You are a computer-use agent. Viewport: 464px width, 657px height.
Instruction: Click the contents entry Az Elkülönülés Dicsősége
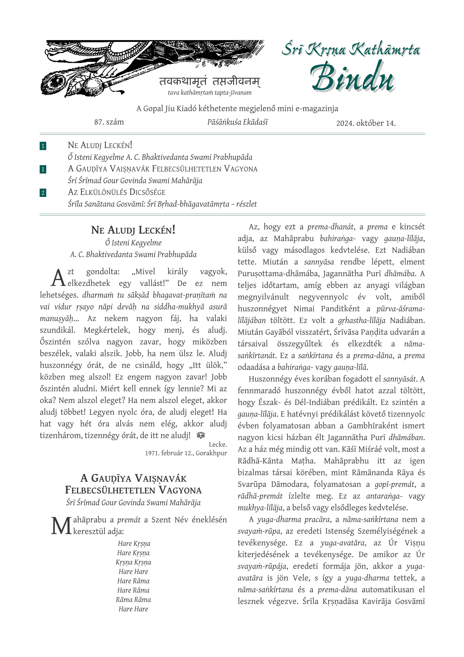click(x=117, y=192)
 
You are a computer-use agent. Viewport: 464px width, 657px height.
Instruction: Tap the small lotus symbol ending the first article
click(x=201, y=435)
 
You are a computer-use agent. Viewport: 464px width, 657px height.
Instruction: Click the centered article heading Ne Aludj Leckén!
click(x=133, y=230)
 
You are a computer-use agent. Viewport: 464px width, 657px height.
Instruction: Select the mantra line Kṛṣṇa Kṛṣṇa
click(x=133, y=562)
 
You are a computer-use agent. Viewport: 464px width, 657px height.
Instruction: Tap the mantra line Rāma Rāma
click(x=133, y=600)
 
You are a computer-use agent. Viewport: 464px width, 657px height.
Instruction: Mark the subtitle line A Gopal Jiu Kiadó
click(x=237, y=109)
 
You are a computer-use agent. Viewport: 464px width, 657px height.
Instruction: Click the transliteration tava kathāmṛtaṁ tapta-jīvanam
click(x=210, y=93)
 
